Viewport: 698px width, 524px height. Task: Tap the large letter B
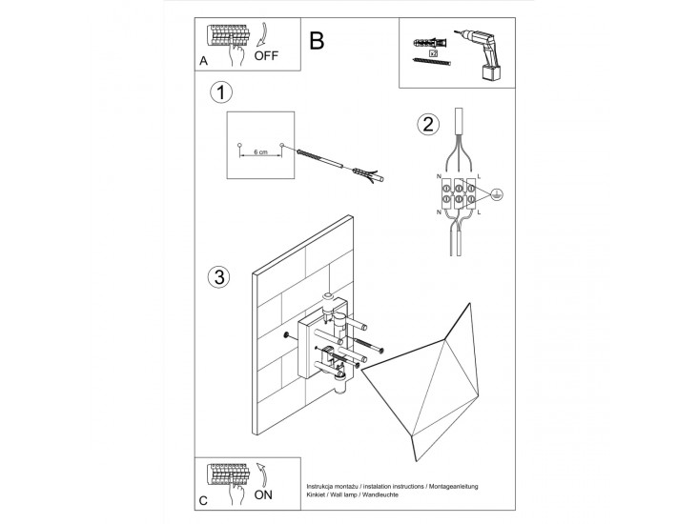pos(318,41)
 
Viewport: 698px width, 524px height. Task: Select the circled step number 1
pos(221,92)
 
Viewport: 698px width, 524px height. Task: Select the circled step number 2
pos(428,124)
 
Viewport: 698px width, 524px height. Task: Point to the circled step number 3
pos(219,277)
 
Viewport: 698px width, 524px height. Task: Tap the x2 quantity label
pos(432,53)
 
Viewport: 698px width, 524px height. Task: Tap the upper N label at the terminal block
pos(439,176)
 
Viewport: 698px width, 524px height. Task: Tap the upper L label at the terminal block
pos(479,176)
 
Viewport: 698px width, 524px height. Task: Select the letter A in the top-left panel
pos(203,61)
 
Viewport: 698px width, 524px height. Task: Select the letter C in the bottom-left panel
pos(203,498)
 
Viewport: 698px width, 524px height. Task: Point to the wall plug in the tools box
pos(425,41)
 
